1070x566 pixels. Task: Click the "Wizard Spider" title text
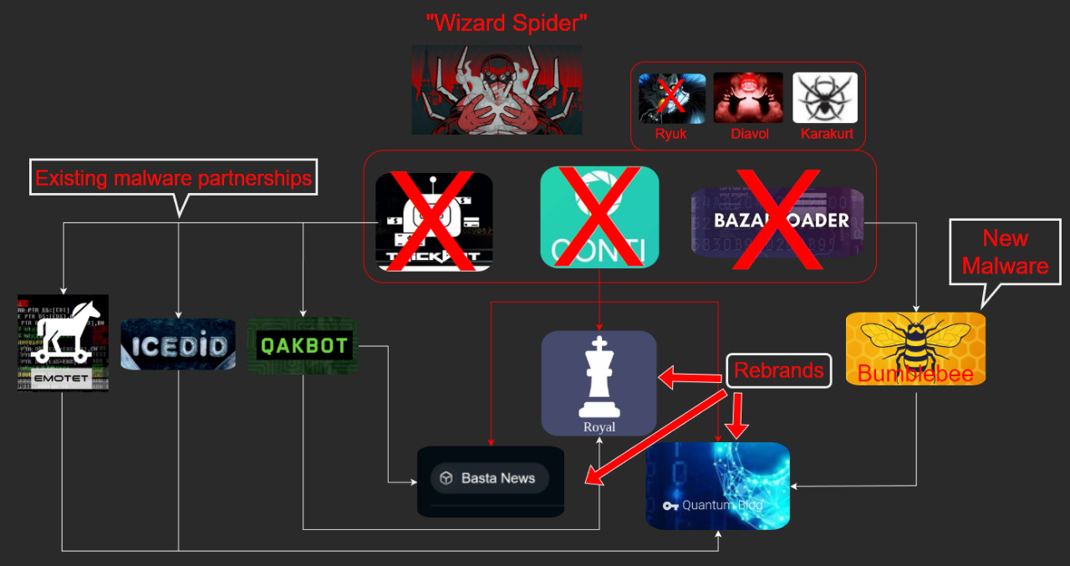click(x=507, y=23)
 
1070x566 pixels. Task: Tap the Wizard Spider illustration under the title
click(x=497, y=90)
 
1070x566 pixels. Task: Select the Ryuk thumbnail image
click(x=671, y=99)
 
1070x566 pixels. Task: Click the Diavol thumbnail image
click(x=748, y=98)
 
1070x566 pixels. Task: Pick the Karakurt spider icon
click(x=825, y=98)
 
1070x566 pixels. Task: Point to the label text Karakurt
click(x=826, y=134)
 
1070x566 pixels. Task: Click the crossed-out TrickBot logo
click(x=434, y=222)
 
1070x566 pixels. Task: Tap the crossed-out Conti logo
click(x=599, y=217)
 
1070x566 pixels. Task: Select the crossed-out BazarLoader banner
click(x=777, y=221)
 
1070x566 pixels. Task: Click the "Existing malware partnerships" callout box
click(x=173, y=177)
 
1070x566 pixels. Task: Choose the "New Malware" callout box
click(x=1005, y=252)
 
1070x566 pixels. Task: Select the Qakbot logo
click(x=303, y=345)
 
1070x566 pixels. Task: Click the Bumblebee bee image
click(x=915, y=348)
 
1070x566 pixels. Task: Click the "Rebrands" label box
click(x=778, y=370)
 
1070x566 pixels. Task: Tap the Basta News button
click(x=489, y=478)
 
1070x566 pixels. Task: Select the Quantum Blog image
click(x=717, y=486)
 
